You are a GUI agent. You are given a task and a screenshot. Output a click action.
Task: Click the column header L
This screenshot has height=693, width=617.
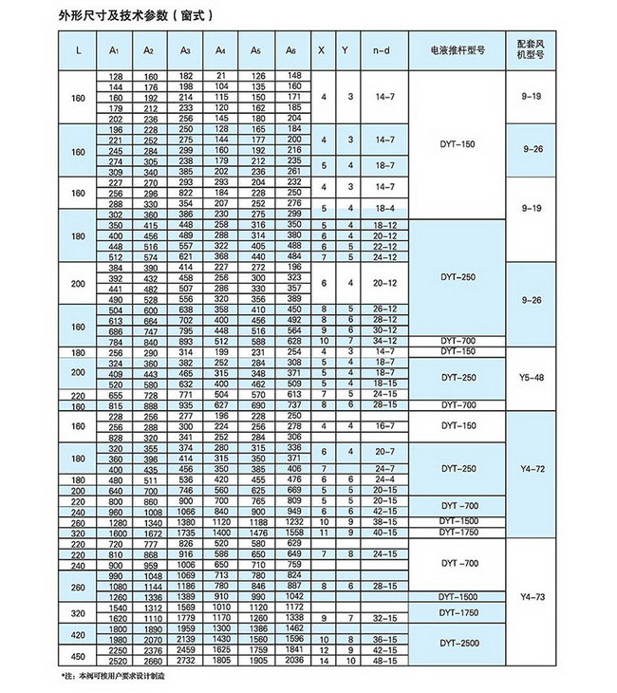(77, 48)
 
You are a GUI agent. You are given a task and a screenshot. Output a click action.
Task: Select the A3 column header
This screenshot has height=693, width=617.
(185, 48)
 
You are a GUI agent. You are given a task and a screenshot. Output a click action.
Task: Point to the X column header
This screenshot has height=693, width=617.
(324, 48)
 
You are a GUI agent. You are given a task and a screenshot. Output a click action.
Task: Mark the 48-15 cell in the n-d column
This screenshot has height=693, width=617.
(384, 660)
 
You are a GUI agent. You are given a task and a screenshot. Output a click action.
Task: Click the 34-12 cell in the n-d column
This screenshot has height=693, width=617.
(384, 341)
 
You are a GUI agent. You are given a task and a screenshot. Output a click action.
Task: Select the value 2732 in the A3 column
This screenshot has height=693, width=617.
(185, 660)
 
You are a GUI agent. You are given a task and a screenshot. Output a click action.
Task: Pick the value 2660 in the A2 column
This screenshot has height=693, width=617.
(149, 660)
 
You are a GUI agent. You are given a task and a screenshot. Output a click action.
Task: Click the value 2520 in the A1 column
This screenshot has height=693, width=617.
(116, 660)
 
